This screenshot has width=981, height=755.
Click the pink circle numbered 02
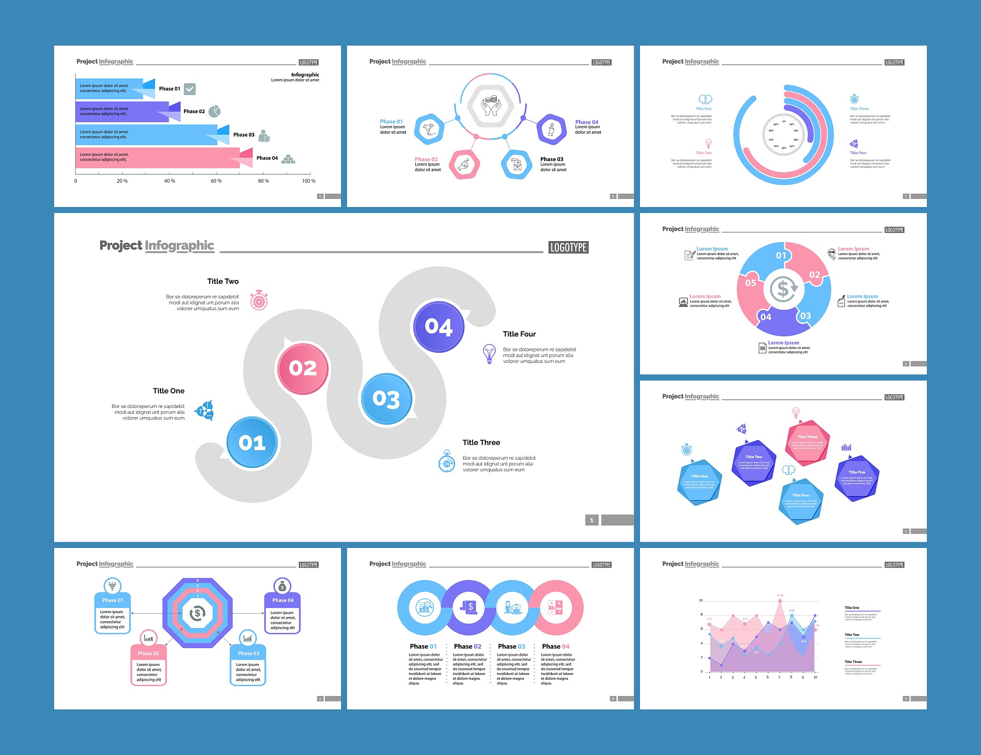click(x=303, y=368)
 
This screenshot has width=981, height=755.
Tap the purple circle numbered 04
click(x=438, y=327)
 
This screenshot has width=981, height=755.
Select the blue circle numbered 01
click(x=252, y=442)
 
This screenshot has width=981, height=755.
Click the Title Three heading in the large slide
click(x=481, y=442)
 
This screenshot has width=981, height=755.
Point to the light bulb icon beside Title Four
click(x=489, y=354)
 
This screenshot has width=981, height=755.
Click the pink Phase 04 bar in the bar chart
click(x=158, y=158)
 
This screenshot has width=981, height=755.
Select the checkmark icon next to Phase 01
click(x=190, y=89)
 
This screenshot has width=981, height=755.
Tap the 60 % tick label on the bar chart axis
click(x=216, y=181)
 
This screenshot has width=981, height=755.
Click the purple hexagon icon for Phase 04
click(x=552, y=129)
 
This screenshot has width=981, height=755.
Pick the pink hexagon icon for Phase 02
click(x=464, y=165)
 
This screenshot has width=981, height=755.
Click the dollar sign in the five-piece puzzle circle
click(x=783, y=289)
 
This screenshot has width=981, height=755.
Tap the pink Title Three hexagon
click(x=808, y=442)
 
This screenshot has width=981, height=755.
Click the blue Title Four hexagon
click(x=801, y=500)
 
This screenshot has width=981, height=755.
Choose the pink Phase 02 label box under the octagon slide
click(x=148, y=653)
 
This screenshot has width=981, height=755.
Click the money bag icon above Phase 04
click(x=282, y=586)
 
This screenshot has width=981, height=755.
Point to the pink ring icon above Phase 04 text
click(x=556, y=608)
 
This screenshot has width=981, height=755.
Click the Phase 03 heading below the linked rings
click(x=512, y=646)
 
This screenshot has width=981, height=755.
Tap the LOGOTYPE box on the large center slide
click(x=568, y=247)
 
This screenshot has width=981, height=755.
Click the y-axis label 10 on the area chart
click(x=701, y=600)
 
